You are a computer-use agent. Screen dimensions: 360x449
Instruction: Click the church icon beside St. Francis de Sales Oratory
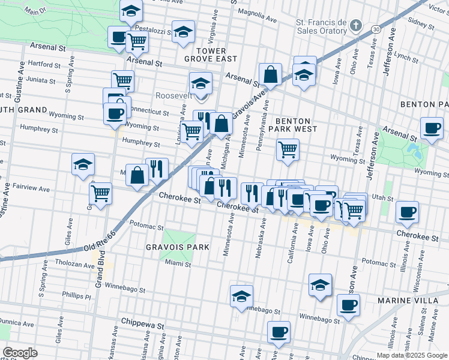pyautogui.click(x=356, y=26)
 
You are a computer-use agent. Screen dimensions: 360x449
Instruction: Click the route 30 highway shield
pyautogui.click(x=375, y=28)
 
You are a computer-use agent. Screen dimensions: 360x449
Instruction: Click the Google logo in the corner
pyautogui.click(x=20, y=353)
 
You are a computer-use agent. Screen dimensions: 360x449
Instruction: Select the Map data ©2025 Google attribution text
pyautogui.click(x=412, y=355)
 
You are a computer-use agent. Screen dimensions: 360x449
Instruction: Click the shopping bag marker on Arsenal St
pyautogui.click(x=271, y=74)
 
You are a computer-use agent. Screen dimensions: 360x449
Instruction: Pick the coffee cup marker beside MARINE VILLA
pyautogui.click(x=348, y=304)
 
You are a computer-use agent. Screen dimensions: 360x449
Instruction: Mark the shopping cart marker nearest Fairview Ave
pyautogui.click(x=100, y=193)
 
